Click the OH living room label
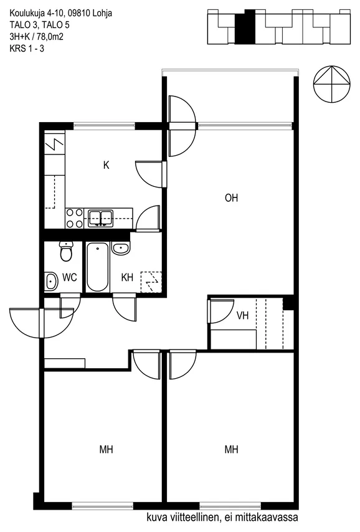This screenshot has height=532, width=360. [232, 198]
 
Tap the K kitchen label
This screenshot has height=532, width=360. [107, 165]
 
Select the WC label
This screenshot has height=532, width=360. [70, 278]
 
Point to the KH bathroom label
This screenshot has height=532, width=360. [127, 278]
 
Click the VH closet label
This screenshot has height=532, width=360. [243, 316]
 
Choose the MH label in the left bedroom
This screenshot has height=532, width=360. [107, 450]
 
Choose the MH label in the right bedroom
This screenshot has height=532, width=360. [232, 450]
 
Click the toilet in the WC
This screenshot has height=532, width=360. [66, 251]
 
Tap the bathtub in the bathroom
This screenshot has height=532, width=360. [97, 267]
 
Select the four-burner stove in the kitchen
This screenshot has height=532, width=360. [74, 218]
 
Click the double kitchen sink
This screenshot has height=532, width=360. [101, 218]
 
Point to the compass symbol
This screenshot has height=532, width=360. [331, 84]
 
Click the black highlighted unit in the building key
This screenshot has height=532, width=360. [245, 27]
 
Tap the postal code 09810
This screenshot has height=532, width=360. [79, 13]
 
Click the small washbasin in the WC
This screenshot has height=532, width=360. [51, 282]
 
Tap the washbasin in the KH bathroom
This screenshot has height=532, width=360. [121, 249]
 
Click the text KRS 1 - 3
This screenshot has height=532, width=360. [27, 49]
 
